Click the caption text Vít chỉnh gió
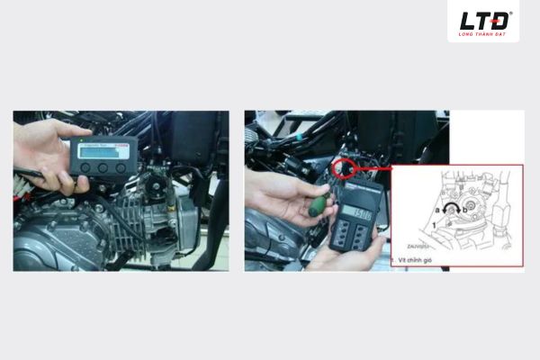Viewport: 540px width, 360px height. tap(420, 259)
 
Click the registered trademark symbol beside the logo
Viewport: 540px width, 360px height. tap(510, 13)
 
